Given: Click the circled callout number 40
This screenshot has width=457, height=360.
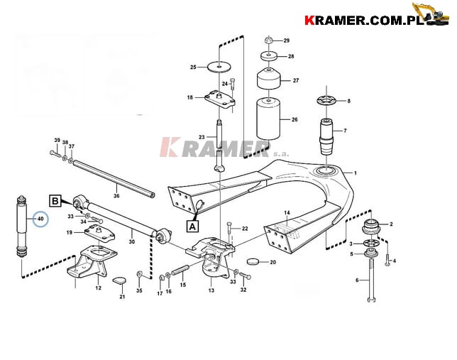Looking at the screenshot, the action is tap(40, 219).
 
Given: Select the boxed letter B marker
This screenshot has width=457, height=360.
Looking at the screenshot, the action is tap(55, 201).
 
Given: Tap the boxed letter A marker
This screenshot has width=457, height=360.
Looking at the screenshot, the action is tap(192, 226).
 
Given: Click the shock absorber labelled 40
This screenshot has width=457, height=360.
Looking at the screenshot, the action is tap(22, 227).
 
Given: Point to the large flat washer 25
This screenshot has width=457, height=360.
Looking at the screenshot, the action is tap(219, 67).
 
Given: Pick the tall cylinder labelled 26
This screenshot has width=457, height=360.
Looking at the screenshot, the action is tap(268, 119).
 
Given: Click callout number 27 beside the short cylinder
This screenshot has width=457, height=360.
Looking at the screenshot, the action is tap(295, 80).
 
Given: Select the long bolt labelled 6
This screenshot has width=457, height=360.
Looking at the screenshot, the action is tap(370, 280).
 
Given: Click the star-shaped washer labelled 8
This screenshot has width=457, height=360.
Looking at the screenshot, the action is tap(326, 101).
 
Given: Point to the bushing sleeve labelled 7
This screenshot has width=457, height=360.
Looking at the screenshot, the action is tap(326, 136).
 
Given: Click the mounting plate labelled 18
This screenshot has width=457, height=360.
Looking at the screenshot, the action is tap(220, 99).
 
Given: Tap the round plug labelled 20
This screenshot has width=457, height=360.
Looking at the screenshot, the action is tap(253, 261).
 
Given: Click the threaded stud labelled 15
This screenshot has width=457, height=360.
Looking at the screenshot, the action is tap(180, 270).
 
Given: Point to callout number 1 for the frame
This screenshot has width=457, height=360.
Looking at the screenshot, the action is tap(356, 173).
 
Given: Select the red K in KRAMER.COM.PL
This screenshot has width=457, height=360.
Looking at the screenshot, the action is tap(309, 21).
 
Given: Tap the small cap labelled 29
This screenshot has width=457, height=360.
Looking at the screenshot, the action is tap(268, 40).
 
